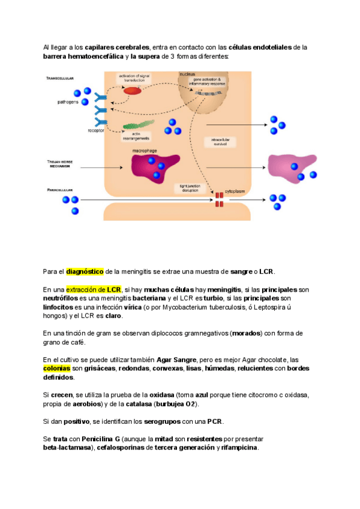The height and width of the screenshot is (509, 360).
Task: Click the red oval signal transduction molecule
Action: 133,91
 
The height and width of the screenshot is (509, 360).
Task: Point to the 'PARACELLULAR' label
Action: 60,189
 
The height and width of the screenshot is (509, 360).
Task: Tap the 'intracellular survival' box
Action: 221,142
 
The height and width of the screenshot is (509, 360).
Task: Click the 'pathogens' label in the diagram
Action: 68,102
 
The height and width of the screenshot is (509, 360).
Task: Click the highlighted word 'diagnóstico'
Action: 85,271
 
